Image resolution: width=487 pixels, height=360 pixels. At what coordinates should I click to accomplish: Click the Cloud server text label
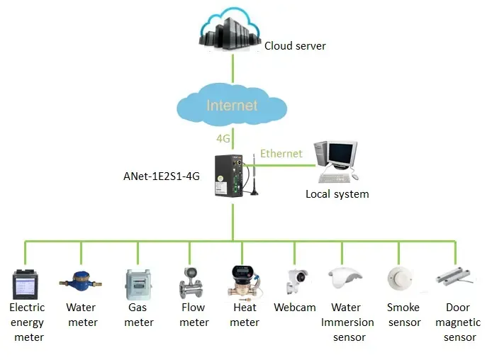tap(295, 46)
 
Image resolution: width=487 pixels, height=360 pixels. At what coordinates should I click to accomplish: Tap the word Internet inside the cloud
tap(232, 106)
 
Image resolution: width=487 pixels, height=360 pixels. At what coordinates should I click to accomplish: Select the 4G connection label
tap(223, 137)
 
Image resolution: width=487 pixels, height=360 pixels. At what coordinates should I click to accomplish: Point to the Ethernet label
tap(281, 153)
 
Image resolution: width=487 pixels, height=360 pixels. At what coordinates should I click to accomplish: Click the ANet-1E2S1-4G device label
tap(162, 177)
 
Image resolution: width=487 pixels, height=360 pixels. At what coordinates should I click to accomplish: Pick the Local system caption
tap(337, 193)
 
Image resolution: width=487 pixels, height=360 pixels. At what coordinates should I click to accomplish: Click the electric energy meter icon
tap(26, 283)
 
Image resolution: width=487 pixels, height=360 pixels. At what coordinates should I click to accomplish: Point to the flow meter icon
tap(192, 283)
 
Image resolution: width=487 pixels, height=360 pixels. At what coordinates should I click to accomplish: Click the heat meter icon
tap(244, 281)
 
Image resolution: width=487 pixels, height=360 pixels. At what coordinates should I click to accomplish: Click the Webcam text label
tap(294, 308)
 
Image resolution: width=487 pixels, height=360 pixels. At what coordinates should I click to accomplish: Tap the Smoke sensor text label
tap(403, 315)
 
